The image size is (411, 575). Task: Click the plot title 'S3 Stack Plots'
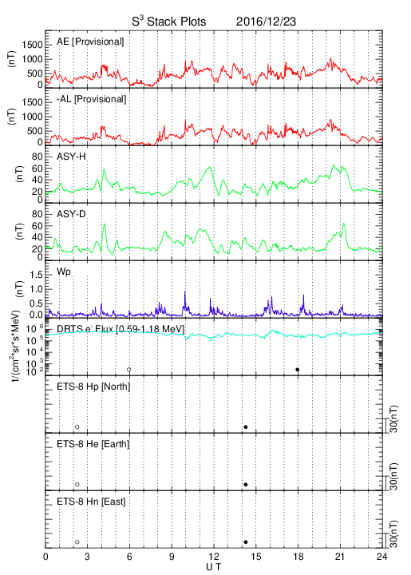(169, 21)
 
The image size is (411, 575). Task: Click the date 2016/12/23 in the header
(266, 22)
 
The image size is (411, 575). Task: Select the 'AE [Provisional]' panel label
(90, 42)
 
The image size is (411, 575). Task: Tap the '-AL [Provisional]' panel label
(91, 99)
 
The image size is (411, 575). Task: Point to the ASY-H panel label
(71, 157)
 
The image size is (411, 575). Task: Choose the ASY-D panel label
(71, 214)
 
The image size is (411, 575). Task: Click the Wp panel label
(64, 272)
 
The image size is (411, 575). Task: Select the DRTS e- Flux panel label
(121, 329)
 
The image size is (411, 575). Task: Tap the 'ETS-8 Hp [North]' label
(93, 387)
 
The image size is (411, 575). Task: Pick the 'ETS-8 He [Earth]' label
(93, 444)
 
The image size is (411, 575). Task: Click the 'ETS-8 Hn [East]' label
(91, 502)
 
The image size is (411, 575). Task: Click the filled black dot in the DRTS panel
(298, 370)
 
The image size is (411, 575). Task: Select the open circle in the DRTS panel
(129, 370)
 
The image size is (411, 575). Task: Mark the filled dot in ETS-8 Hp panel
(246, 426)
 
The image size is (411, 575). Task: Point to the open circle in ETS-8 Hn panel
(77, 542)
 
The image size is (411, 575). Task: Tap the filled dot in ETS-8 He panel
(246, 485)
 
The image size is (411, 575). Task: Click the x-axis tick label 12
(214, 557)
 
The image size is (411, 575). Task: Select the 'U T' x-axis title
(214, 567)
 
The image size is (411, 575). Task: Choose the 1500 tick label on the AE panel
(33, 45)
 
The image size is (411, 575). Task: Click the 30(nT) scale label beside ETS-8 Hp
(393, 419)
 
